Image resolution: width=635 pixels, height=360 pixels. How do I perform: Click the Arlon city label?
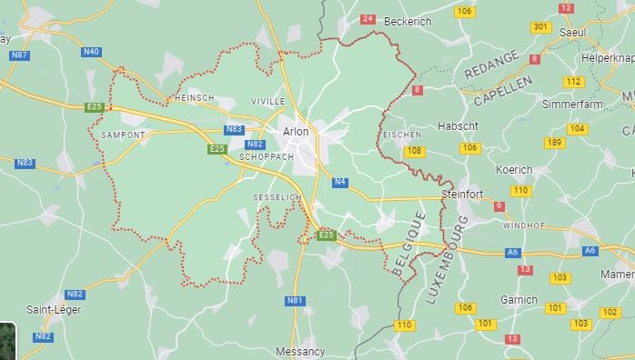click(x=296, y=132)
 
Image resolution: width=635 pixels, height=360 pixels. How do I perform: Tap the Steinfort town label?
click(x=461, y=194)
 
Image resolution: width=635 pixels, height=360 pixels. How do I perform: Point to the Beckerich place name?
click(x=408, y=20)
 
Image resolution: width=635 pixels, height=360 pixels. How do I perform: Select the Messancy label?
click(x=300, y=351)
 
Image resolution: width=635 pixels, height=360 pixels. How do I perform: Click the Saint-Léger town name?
click(x=54, y=310)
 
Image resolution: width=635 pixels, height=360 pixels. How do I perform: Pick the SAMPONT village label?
click(x=124, y=135)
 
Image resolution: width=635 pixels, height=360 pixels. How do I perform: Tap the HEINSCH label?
click(x=194, y=97)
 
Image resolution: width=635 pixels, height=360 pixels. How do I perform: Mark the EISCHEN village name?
click(x=401, y=135)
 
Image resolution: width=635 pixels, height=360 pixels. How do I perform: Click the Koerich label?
click(x=514, y=170)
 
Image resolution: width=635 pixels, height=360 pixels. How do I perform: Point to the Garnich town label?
click(x=519, y=299)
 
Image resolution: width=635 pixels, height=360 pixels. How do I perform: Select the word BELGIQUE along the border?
click(x=411, y=243)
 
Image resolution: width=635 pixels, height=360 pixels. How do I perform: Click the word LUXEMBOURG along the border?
click(x=446, y=258)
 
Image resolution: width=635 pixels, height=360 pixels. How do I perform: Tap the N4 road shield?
click(x=340, y=182)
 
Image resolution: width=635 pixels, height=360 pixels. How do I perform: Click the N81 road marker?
click(x=295, y=300)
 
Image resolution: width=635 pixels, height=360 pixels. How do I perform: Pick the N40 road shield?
click(x=91, y=52)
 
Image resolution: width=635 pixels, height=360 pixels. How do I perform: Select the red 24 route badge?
click(x=368, y=18)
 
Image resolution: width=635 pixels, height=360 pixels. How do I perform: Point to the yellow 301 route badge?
click(x=541, y=27)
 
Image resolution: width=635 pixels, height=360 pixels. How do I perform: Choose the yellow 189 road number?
click(x=554, y=143)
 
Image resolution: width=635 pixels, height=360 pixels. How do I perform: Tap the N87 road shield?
click(x=19, y=55)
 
